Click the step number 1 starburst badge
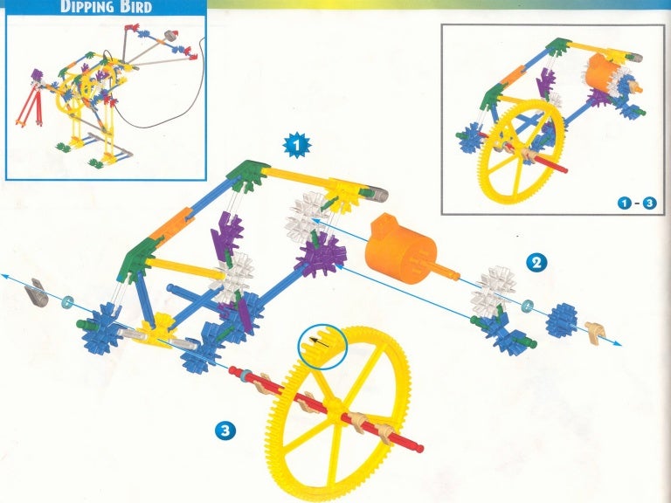[297, 145]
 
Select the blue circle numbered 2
[536, 262]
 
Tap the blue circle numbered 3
[225, 430]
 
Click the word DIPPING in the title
[86, 6]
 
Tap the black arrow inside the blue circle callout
[320, 341]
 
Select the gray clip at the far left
[37, 293]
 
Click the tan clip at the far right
[595, 333]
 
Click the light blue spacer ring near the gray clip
[67, 302]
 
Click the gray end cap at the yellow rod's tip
[377, 194]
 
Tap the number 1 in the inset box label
[625, 203]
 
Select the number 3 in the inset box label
[650, 203]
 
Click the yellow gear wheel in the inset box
[523, 152]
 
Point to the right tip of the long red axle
[421, 449]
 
